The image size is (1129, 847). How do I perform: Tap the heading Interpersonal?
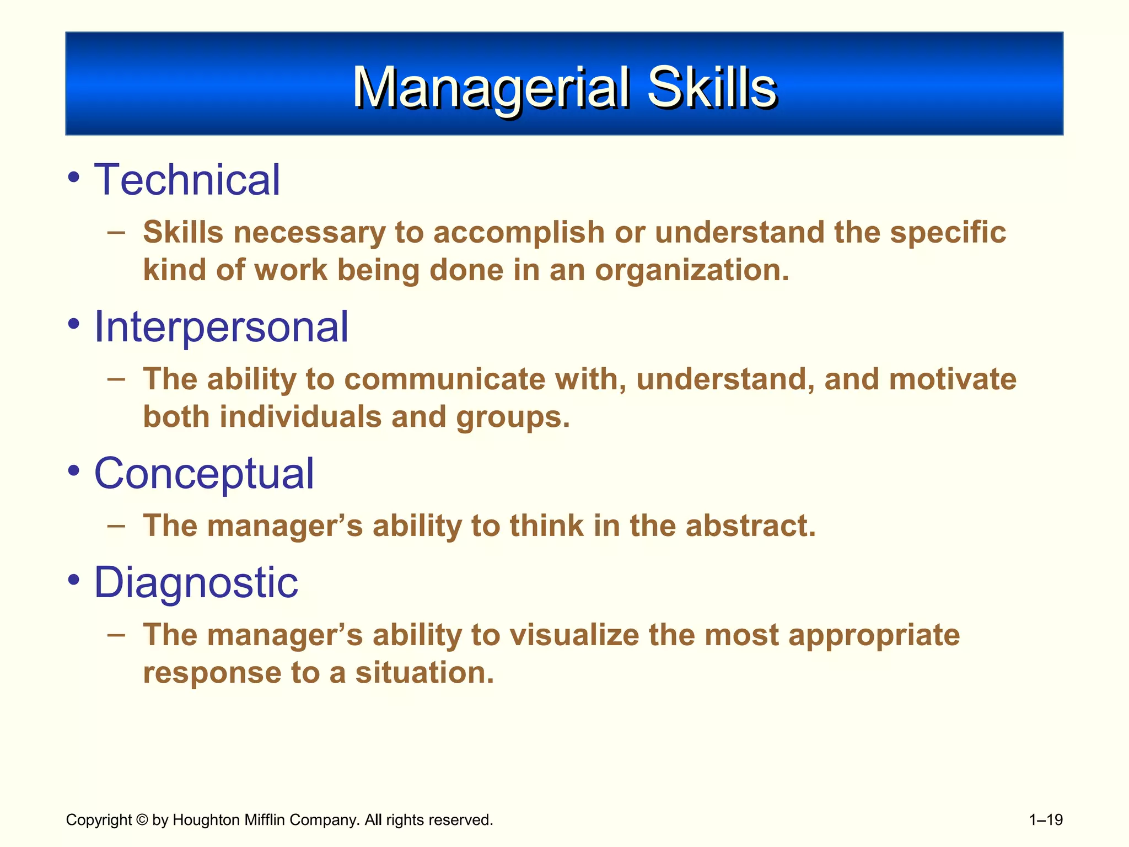click(x=221, y=327)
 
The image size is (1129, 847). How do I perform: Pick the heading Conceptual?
click(x=204, y=474)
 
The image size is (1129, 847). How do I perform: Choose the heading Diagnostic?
click(x=196, y=583)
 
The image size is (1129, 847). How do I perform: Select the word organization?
click(x=692, y=270)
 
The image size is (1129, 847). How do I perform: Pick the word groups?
click(x=513, y=417)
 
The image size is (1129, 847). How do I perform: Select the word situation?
click(x=424, y=673)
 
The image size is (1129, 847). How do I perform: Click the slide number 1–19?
click(x=1046, y=820)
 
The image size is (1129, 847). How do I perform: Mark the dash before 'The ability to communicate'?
click(x=116, y=379)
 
